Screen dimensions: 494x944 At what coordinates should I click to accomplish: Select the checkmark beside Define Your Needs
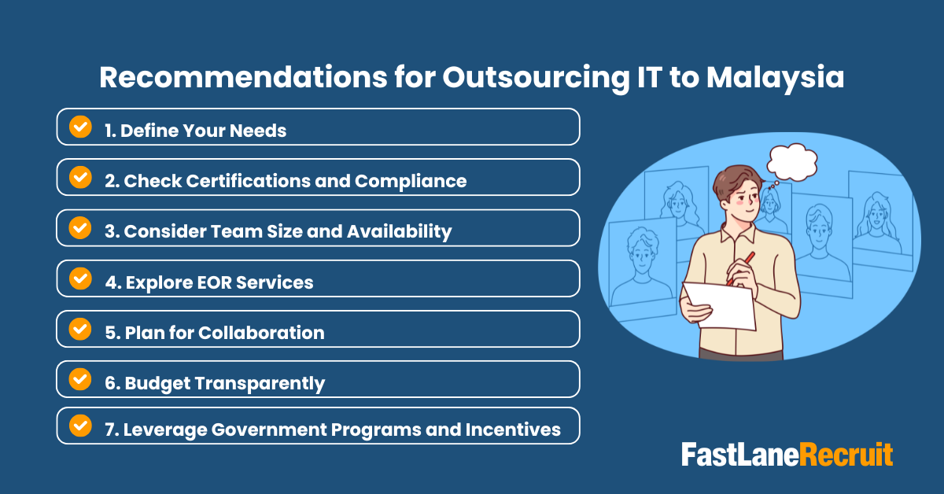click(80, 127)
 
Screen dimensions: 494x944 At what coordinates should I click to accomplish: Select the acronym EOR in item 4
click(207, 282)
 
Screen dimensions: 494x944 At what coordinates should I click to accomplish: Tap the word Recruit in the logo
click(846, 455)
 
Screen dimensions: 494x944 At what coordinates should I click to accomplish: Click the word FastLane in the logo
click(740, 455)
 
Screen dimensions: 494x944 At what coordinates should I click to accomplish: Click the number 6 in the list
click(110, 384)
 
